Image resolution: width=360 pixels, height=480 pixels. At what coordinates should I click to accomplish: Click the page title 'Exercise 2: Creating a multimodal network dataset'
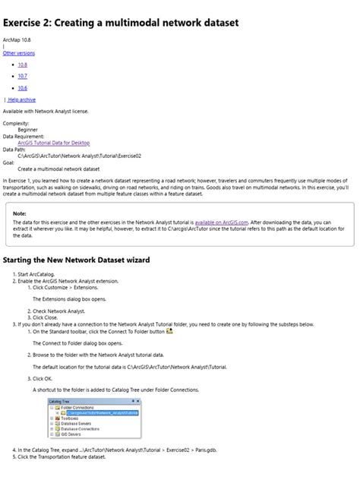[121, 24]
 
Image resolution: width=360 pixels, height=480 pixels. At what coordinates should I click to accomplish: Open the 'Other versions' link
[18, 53]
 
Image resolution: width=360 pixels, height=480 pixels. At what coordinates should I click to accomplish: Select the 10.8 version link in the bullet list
[23, 65]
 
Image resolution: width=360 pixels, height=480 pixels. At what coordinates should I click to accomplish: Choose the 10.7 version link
[23, 76]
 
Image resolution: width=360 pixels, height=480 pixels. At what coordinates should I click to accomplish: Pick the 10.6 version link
[23, 87]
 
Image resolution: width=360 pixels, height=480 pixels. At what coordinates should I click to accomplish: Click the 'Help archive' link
[21, 99]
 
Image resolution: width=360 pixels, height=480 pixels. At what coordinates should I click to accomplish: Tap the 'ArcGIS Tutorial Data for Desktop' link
[53, 142]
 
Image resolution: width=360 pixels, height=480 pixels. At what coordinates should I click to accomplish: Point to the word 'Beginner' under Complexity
[33, 130]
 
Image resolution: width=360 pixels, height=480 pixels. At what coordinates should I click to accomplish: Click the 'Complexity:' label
[17, 123]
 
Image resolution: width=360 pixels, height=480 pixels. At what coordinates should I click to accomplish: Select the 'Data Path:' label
[17, 149]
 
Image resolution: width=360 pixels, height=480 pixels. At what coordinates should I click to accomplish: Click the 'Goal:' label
[9, 162]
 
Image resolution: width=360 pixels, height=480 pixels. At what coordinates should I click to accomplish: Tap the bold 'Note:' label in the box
[20, 213]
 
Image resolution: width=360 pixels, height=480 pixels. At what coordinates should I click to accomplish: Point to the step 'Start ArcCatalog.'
[37, 274]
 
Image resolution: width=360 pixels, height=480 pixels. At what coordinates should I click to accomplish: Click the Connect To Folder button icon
[169, 330]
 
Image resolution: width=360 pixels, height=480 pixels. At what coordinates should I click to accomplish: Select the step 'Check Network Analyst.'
[57, 310]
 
